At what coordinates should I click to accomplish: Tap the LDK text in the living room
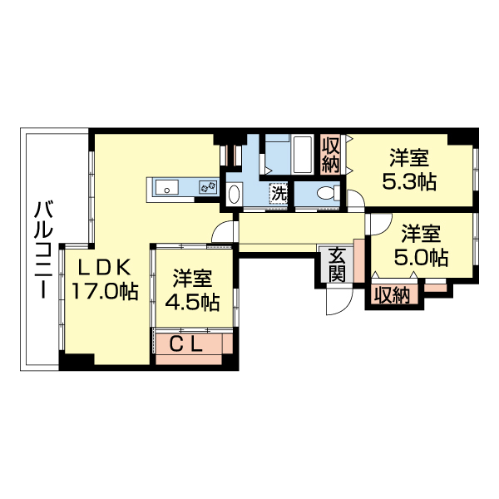[x=104, y=267]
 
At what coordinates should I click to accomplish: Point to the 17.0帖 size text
[x=104, y=290]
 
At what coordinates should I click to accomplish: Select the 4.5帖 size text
[x=192, y=301]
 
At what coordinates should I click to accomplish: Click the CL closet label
[x=189, y=343]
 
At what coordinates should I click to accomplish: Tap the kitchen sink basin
[x=167, y=189]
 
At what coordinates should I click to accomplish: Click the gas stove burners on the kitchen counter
[x=207, y=189]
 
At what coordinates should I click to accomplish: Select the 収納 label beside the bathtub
[x=331, y=154]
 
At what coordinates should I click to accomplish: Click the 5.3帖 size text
[x=409, y=181]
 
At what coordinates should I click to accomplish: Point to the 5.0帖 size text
[x=422, y=256]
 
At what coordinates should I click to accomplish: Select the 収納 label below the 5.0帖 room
[x=391, y=294]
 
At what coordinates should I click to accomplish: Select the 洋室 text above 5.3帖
[x=409, y=157]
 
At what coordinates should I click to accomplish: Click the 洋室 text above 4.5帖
[x=192, y=278]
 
